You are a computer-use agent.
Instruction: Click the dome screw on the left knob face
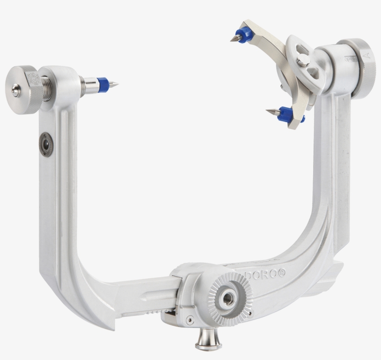click(15, 92)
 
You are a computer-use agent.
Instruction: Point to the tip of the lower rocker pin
click(268, 111)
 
